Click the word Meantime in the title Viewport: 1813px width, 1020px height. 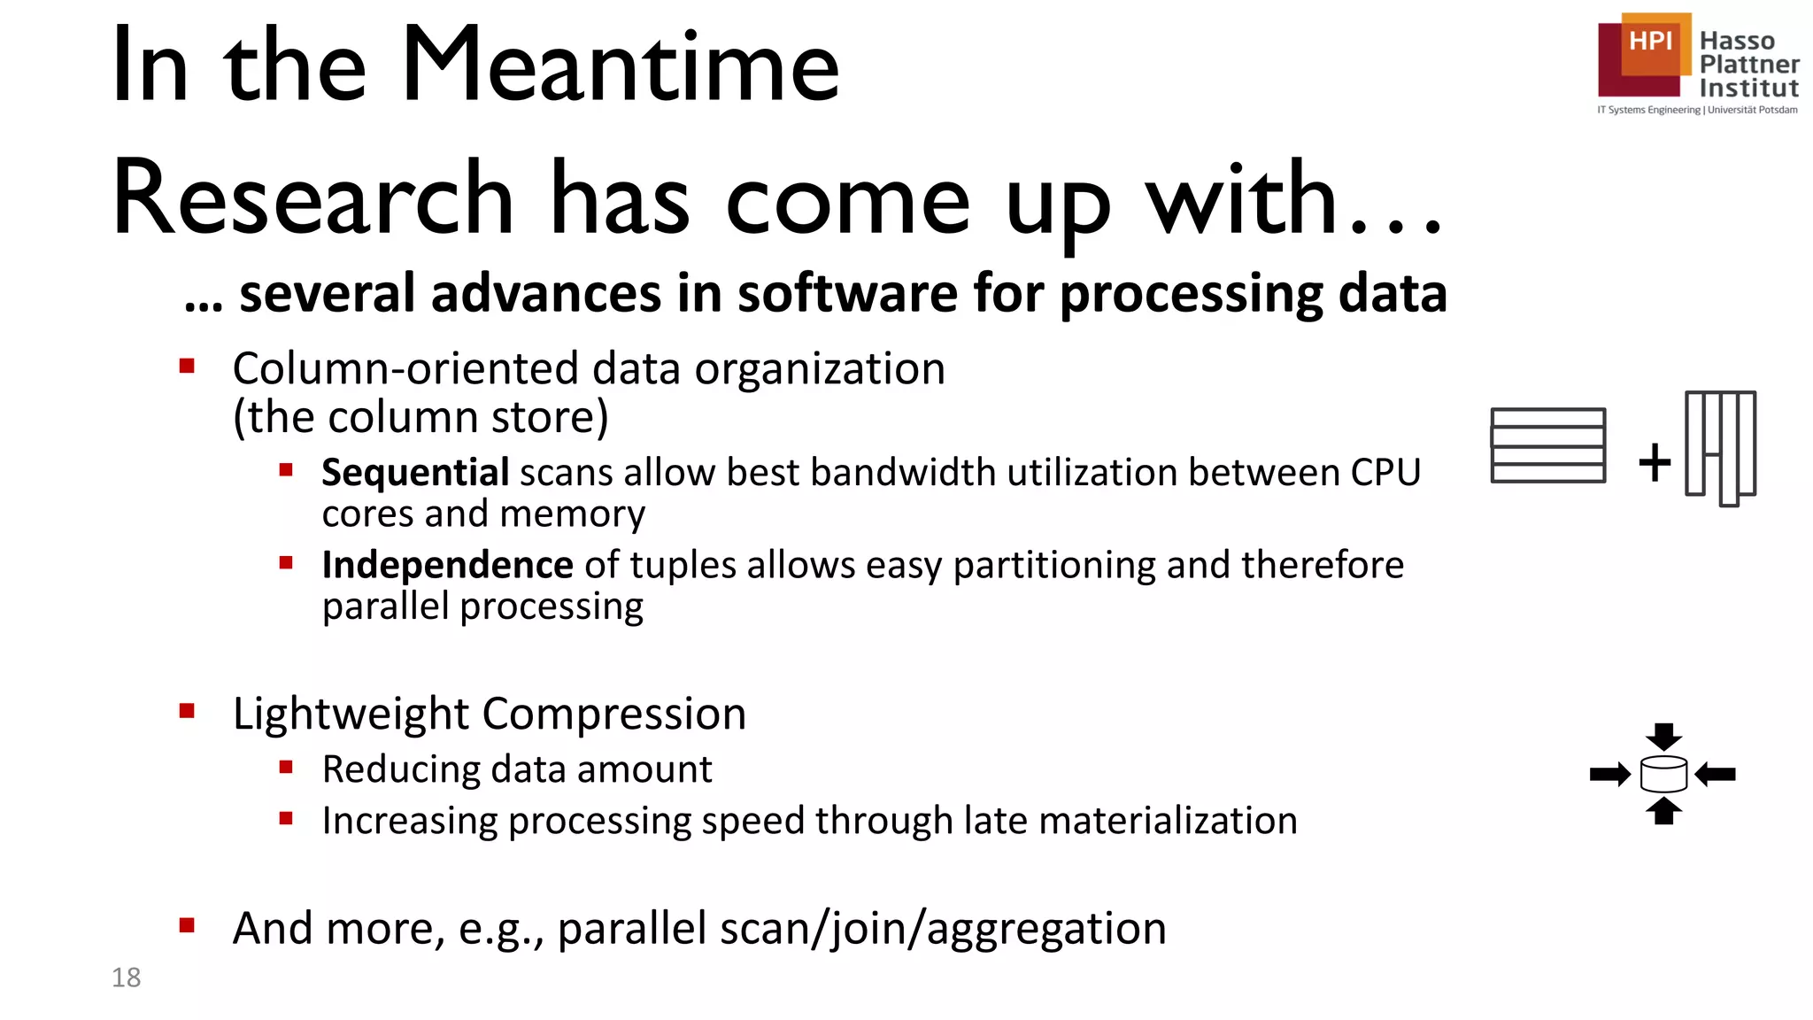(620, 66)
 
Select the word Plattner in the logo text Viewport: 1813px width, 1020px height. (1748, 65)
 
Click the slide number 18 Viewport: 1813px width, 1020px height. (126, 977)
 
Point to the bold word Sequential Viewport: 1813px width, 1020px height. (414, 473)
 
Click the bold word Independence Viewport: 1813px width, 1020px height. (447, 565)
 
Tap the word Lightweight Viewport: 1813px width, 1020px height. (351, 714)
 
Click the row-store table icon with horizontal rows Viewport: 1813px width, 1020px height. (1547, 445)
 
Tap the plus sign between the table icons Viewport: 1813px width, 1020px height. (1654, 462)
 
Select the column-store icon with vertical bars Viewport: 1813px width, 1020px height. (1720, 447)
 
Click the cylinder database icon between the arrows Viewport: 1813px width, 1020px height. (1663, 775)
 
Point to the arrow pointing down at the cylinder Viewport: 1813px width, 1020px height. (1663, 736)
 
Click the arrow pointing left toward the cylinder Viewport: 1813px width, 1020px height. (1716, 775)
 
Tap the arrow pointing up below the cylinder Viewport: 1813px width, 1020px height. (1663, 811)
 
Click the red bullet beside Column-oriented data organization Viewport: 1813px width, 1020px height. (187, 366)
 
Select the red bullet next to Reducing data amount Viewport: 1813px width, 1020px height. (285, 768)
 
